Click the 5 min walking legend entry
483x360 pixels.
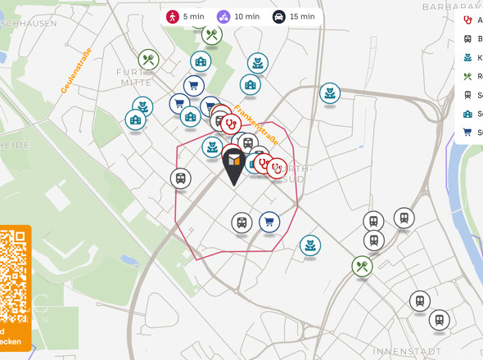click(184, 16)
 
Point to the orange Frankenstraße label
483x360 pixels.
click(255, 124)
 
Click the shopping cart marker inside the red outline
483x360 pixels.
click(269, 222)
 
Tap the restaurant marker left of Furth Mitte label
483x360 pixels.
click(148, 59)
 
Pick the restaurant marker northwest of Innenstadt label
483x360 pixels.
click(362, 266)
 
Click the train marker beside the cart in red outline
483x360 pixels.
click(241, 222)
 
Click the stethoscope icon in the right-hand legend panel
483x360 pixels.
click(467, 20)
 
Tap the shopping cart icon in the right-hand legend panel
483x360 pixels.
click(467, 133)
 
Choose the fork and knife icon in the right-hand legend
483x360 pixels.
click(467, 77)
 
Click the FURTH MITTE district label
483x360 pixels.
click(135, 77)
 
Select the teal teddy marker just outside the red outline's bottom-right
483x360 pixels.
click(310, 245)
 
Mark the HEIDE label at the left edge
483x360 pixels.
click(15, 145)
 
